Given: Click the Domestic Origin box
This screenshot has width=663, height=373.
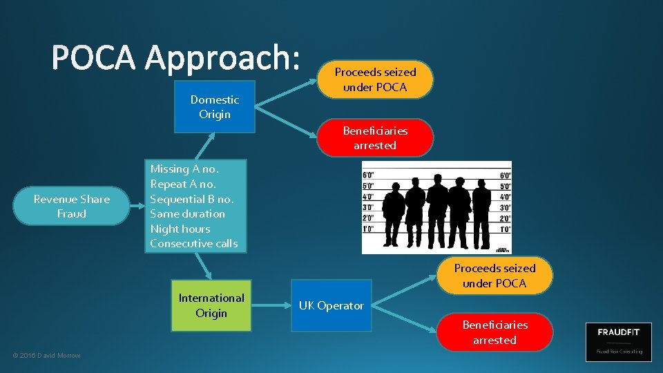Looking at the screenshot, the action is click(x=214, y=107).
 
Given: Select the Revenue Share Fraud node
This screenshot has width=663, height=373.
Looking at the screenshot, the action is click(x=71, y=207).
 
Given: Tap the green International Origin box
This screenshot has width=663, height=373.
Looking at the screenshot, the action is click(x=211, y=305).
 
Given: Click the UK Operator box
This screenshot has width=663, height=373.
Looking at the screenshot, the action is click(x=331, y=305).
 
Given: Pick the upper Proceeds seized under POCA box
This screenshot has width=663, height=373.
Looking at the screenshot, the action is click(x=375, y=79).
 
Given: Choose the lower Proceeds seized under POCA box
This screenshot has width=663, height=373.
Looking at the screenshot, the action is click(x=494, y=276).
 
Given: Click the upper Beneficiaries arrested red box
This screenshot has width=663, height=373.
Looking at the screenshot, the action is click(x=375, y=138).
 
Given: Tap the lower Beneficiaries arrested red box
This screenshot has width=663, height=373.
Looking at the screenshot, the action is click(x=494, y=332).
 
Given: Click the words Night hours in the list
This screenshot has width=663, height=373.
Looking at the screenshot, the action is click(x=180, y=229).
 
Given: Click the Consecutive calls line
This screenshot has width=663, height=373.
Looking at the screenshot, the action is click(x=193, y=243).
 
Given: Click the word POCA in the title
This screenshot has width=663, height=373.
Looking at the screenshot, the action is click(x=94, y=57).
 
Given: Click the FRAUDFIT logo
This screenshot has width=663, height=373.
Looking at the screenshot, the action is click(x=618, y=341).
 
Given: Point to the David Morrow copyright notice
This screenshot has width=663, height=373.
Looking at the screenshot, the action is click(x=46, y=355).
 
